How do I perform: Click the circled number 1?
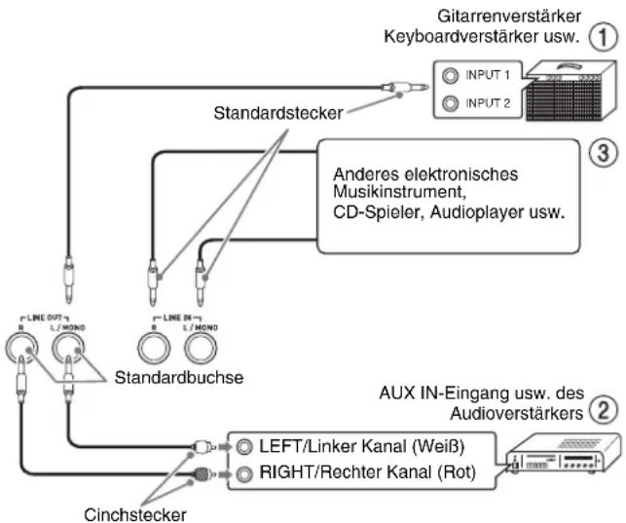pyautogui.click(x=604, y=37)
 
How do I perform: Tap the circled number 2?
pyautogui.click(x=604, y=409)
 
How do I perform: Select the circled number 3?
pyautogui.click(x=604, y=153)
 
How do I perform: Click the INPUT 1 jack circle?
pyautogui.click(x=451, y=75)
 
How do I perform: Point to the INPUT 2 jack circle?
pyautogui.click(x=451, y=103)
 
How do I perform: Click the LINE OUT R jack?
pyautogui.click(x=21, y=348)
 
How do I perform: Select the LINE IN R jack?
pyautogui.click(x=154, y=348)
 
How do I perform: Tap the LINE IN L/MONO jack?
pyautogui.click(x=201, y=348)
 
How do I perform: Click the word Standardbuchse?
pyautogui.click(x=179, y=377)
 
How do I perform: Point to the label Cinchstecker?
pyautogui.click(x=135, y=514)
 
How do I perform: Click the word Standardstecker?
pyautogui.click(x=278, y=113)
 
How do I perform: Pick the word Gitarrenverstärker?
pyautogui.click(x=509, y=17)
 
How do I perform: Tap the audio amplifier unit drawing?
pyautogui.click(x=564, y=454)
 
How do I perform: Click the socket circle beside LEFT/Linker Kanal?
pyautogui.click(x=244, y=447)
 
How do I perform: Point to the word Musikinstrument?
pyautogui.click(x=399, y=192)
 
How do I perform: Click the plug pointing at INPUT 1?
pyautogui.click(x=404, y=87)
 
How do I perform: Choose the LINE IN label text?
pyautogui.click(x=177, y=318)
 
